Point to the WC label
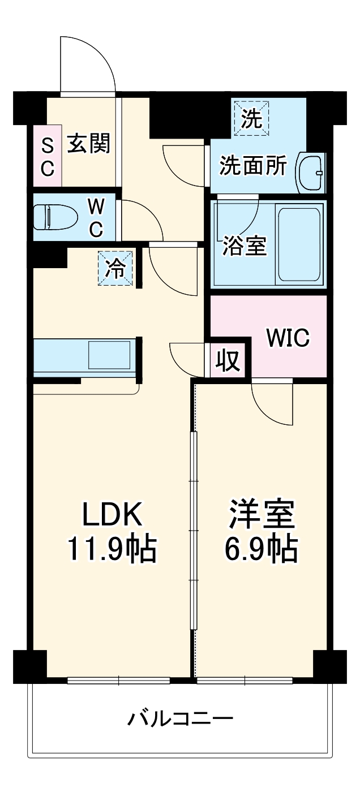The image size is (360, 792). [x=95, y=217]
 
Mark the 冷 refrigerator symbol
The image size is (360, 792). [x=115, y=268]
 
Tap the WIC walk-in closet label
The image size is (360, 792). [x=288, y=338]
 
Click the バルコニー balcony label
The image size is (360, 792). [x=180, y=720]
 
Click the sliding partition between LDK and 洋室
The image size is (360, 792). [x=193, y=532]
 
